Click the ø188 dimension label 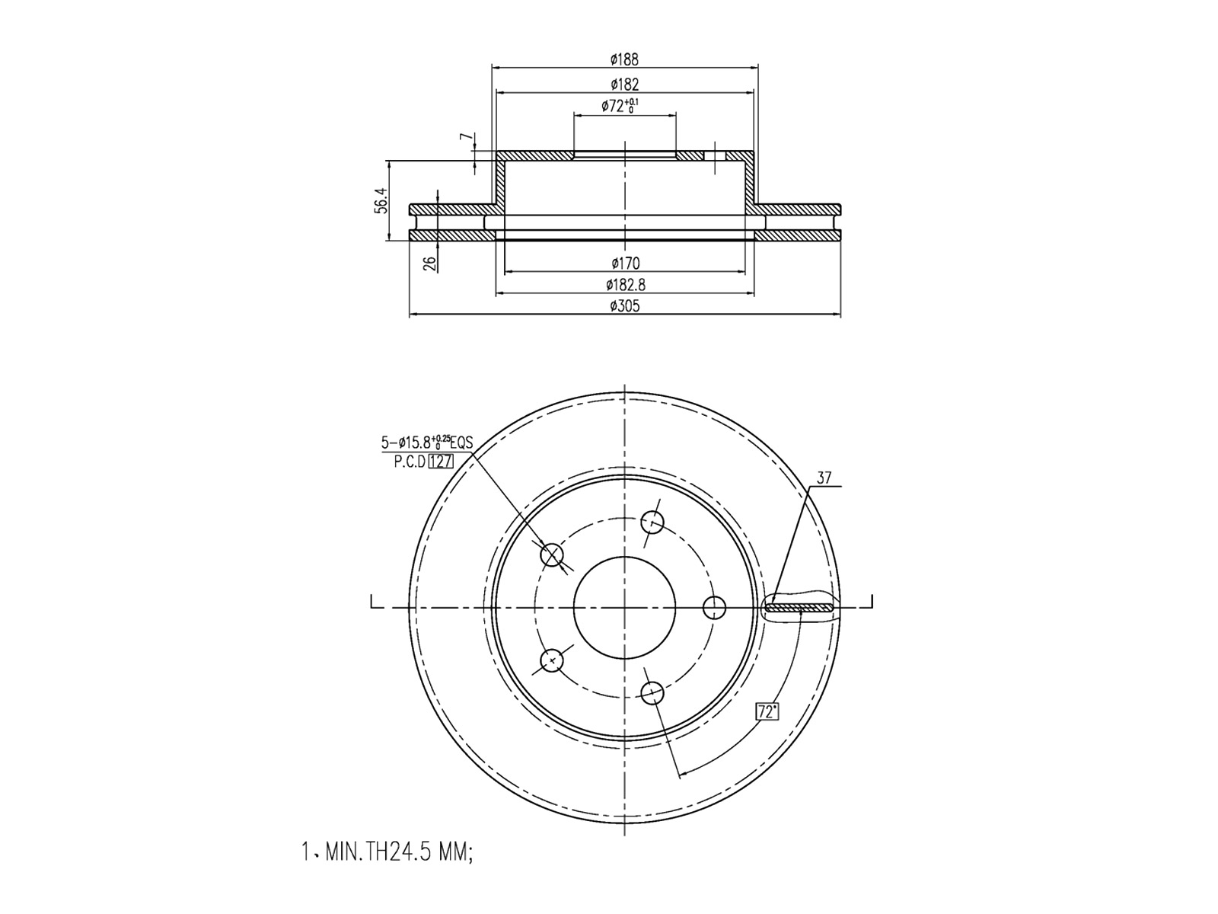(x=624, y=59)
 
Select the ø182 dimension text (x=624, y=84)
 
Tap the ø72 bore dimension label (x=620, y=106)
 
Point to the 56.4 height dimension (x=381, y=200)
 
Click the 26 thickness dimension (x=430, y=263)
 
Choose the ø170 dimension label (x=625, y=264)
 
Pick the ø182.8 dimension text (x=625, y=285)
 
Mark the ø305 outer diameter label (x=625, y=306)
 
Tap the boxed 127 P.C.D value (x=441, y=462)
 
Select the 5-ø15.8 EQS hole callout (x=426, y=442)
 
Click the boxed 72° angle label (x=767, y=712)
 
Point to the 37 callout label (x=824, y=478)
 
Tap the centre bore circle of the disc (x=624, y=607)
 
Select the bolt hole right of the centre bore (x=714, y=608)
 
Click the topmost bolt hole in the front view (x=652, y=523)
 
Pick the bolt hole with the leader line (x=552, y=555)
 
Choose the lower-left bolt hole (x=551, y=660)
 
